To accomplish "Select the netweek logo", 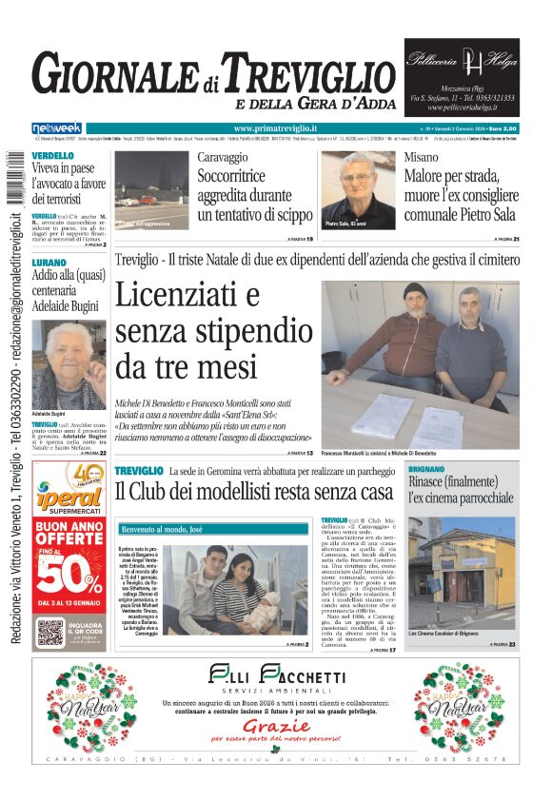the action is pos(56,128).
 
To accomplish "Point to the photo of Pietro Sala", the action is pos(368,187).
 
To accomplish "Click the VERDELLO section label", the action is pos(52,156).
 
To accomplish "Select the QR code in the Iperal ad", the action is pos(50,634).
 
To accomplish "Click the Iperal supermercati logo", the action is pos(69,499).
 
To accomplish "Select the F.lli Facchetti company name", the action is pos(277,677).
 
